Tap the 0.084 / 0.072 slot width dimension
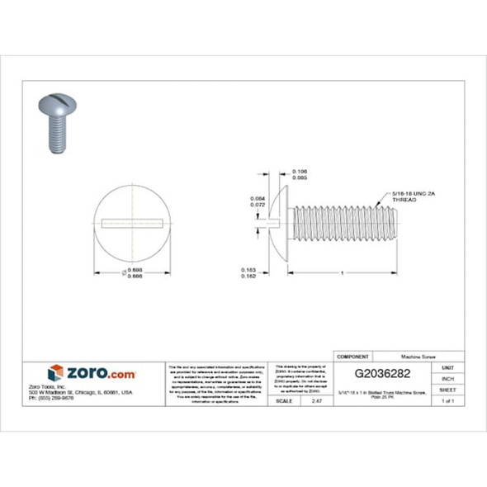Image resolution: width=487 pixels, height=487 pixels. (x=258, y=201)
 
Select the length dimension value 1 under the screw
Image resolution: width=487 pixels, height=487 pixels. (x=341, y=272)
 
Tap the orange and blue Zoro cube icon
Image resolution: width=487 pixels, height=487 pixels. (x=55, y=372)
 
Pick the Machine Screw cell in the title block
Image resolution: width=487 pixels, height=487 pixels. (x=418, y=356)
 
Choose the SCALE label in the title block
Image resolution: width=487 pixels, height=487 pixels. (x=285, y=400)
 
